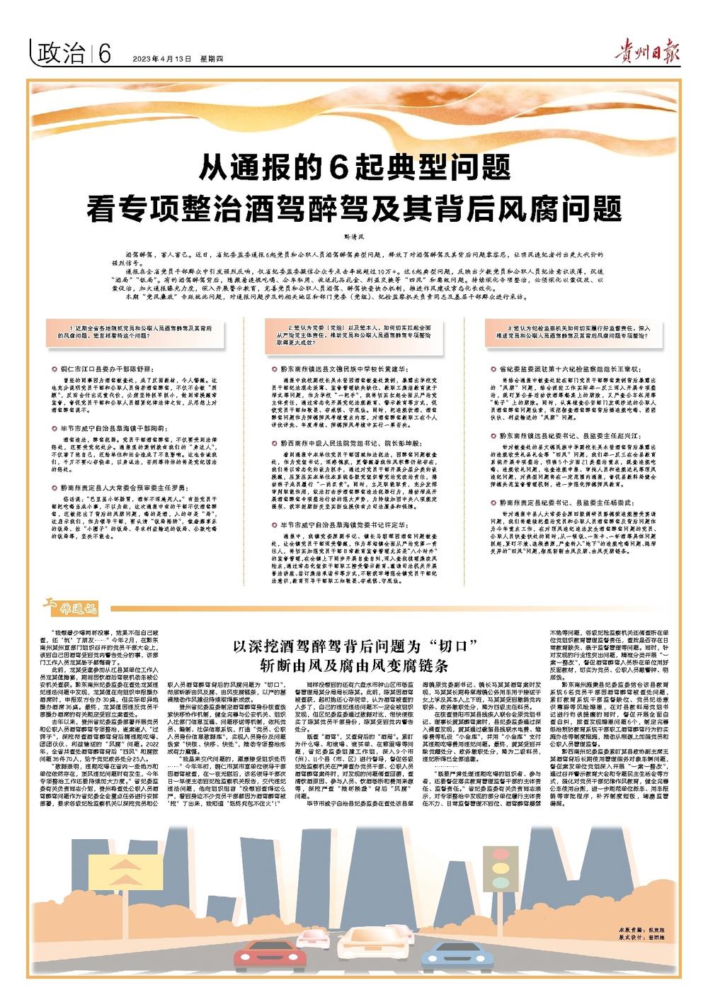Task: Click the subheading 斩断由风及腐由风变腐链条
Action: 354,666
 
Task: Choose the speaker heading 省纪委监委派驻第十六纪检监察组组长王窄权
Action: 573,370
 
